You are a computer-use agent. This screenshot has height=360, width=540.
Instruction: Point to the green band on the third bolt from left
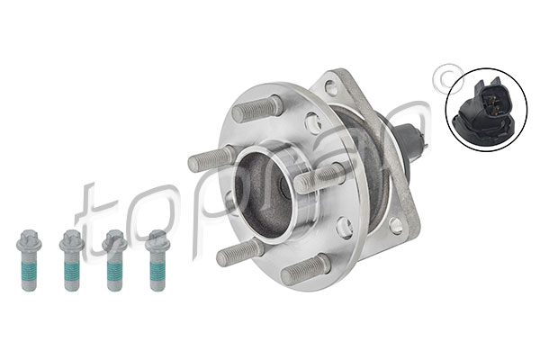tap(115, 269)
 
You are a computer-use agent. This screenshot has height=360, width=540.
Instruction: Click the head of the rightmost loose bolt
tap(157, 240)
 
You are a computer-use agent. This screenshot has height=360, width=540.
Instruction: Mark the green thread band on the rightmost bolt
tap(157, 269)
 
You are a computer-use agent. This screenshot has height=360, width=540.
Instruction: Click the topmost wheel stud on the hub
tap(257, 107)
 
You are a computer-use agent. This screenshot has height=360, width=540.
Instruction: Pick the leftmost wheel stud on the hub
tap(211, 158)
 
